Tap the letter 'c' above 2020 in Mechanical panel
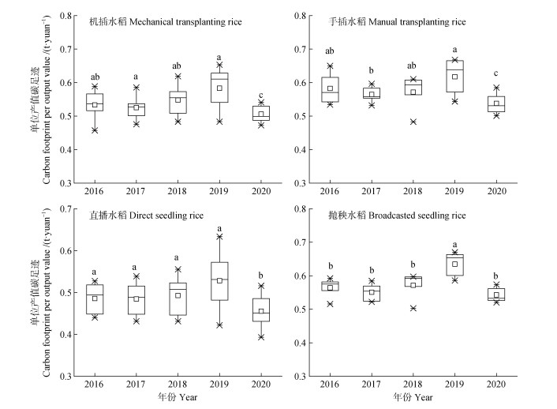tap(262, 95)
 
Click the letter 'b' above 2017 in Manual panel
tap(369, 70)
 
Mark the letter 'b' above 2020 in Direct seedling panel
tap(262, 275)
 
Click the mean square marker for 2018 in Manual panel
tap(412, 92)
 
